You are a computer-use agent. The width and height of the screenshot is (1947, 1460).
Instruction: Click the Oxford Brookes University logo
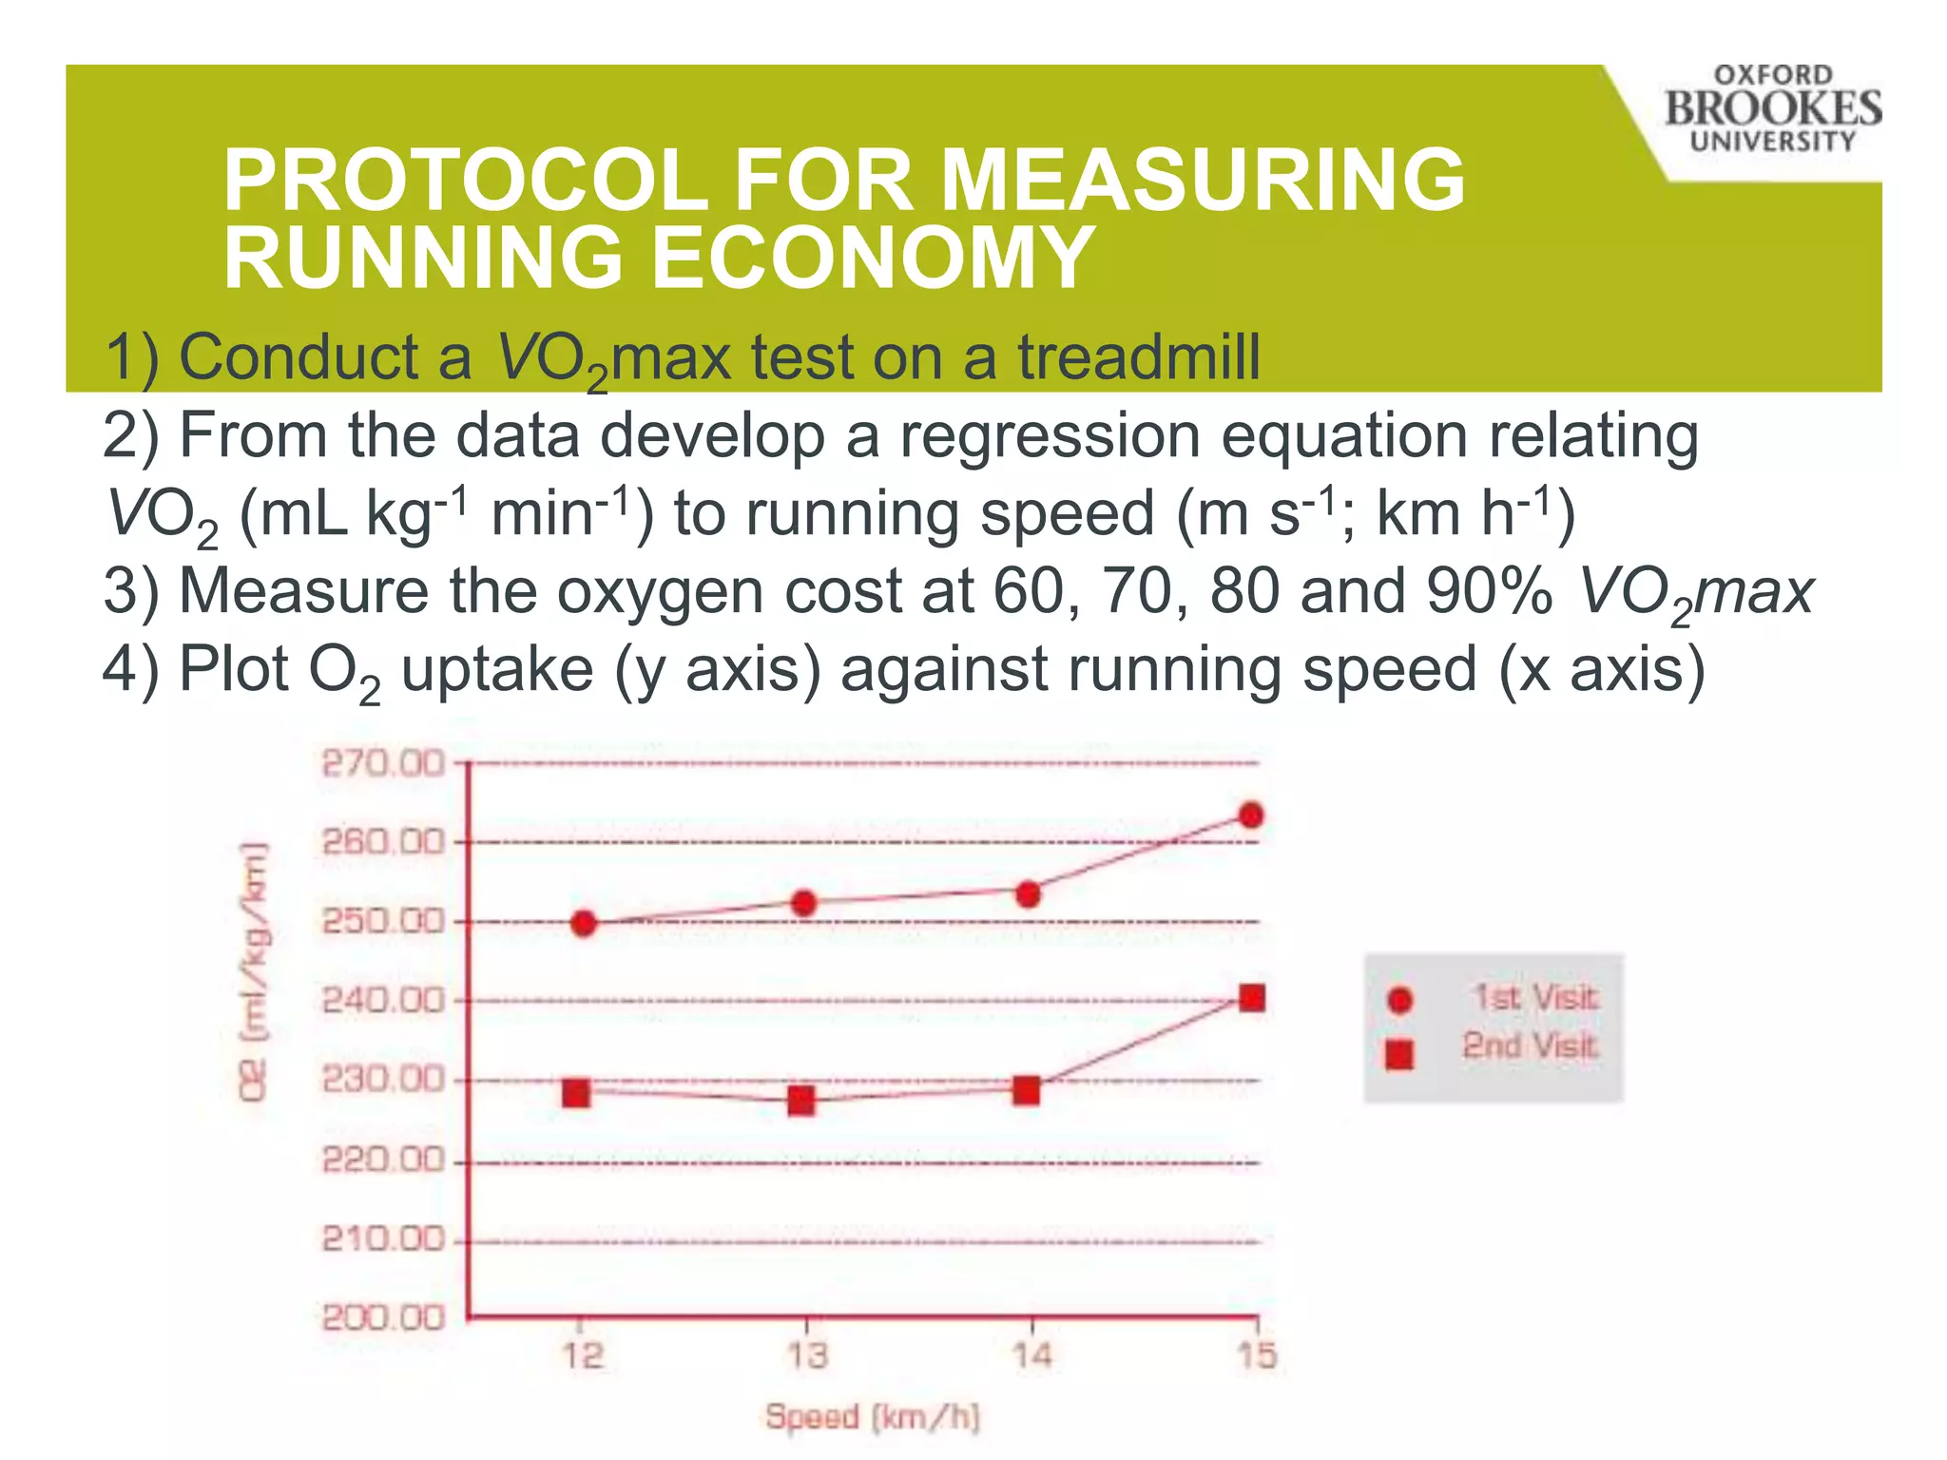tap(1772, 108)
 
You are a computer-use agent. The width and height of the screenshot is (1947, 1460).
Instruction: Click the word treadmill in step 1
tap(1139, 358)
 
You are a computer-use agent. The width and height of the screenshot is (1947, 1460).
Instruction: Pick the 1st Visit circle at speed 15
tap(1251, 816)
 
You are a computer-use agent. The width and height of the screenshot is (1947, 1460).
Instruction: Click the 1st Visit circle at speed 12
tap(584, 923)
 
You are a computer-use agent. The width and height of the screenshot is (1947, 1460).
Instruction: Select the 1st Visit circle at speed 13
tap(803, 903)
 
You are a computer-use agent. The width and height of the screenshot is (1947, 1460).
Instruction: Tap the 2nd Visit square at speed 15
tap(1252, 998)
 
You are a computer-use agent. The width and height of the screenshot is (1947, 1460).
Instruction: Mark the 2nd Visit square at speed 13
tap(801, 1101)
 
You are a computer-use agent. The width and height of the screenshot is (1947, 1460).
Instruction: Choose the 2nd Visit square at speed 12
tap(576, 1093)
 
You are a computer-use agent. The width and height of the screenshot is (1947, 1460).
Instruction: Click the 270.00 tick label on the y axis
tap(382, 763)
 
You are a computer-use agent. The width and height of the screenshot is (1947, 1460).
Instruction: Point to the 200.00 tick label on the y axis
tap(382, 1318)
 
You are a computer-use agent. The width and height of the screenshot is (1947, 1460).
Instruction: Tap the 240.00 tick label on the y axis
tap(382, 1001)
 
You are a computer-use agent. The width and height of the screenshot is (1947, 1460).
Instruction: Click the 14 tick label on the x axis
tap(1031, 1355)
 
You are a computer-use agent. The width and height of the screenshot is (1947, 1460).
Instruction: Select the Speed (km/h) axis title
tap(872, 1417)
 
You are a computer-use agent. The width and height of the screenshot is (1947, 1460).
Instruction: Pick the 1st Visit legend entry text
tap(1534, 997)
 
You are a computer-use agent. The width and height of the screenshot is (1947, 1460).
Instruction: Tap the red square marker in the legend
tap(1399, 1054)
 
